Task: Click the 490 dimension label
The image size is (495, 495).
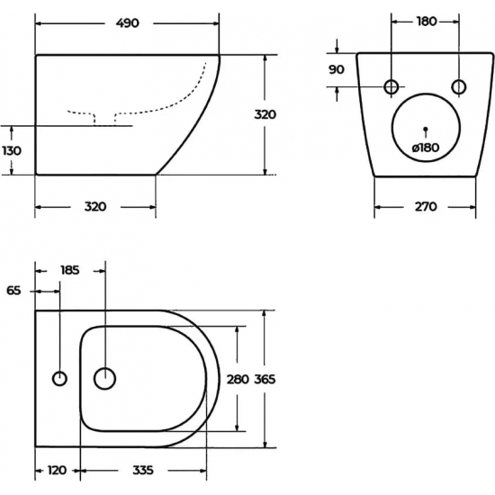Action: (127, 23)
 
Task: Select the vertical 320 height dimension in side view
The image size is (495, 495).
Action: (265, 114)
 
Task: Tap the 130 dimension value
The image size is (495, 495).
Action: (12, 150)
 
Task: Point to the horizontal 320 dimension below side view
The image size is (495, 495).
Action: (95, 206)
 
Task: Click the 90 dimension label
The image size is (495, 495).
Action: (337, 68)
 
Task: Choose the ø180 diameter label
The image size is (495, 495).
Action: (425, 148)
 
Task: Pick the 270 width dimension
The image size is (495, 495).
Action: (425, 206)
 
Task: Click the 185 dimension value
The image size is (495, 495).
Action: (70, 269)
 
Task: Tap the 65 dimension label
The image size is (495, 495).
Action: (13, 290)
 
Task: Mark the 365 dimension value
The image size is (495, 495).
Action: (264, 379)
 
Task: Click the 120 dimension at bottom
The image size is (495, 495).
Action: (58, 470)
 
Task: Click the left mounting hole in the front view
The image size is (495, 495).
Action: (391, 86)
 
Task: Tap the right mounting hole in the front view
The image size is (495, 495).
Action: (458, 86)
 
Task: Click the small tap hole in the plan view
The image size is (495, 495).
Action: (59, 379)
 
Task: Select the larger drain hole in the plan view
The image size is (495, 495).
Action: (105, 379)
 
